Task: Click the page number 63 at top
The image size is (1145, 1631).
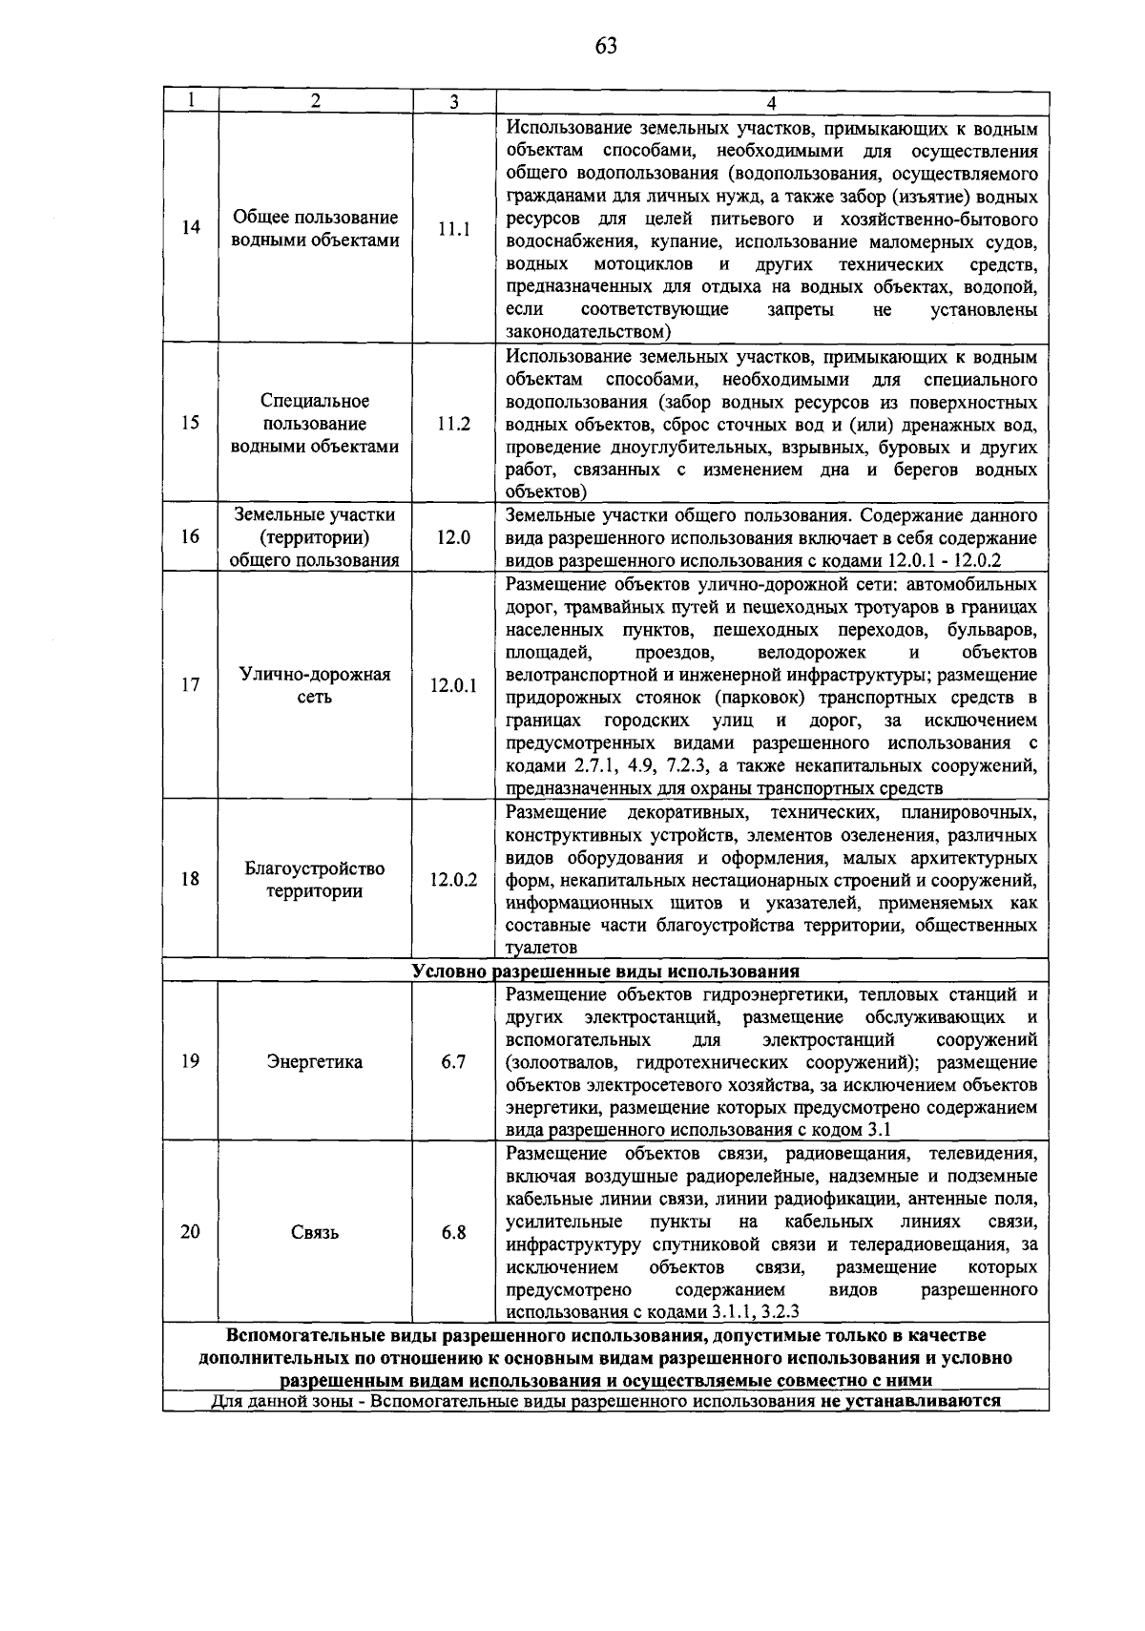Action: click(x=606, y=46)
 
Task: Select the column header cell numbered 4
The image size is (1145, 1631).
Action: click(x=771, y=102)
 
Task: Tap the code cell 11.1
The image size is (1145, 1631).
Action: click(x=453, y=229)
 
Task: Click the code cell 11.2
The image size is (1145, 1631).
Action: click(x=453, y=424)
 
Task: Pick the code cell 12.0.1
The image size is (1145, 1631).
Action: click(x=453, y=685)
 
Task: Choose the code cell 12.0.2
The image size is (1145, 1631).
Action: click(x=453, y=879)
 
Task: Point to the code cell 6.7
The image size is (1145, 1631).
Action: click(x=453, y=1061)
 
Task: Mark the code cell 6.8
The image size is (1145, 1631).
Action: click(x=453, y=1232)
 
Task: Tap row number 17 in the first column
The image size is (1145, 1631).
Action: click(x=191, y=684)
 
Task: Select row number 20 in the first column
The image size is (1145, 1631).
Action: click(x=191, y=1231)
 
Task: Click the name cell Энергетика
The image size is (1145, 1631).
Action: click(x=315, y=1062)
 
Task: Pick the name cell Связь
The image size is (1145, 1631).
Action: click(x=315, y=1233)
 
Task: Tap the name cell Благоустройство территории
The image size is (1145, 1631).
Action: click(x=315, y=880)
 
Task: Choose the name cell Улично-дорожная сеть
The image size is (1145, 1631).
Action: click(x=315, y=685)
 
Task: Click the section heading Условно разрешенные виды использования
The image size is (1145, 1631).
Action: click(x=606, y=972)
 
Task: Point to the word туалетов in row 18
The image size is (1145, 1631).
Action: click(x=542, y=948)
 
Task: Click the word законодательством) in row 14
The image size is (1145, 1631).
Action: click(x=589, y=332)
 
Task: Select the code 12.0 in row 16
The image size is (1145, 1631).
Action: click(x=453, y=537)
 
